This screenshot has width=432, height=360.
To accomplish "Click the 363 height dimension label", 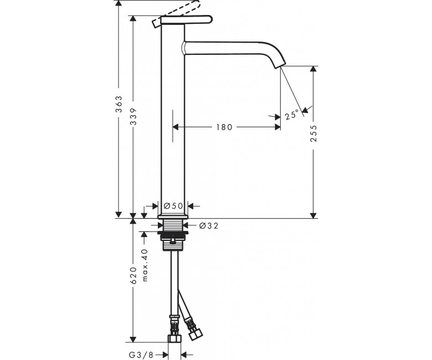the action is tap(119, 104).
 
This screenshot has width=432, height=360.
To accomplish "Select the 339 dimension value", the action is tap(133, 116).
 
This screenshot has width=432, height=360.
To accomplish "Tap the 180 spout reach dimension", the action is tap(224, 127).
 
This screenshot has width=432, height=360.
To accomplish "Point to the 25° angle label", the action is tap(292, 114).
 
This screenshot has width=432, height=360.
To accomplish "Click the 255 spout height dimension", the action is tap(313, 133).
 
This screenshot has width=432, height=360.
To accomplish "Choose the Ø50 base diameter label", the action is tap(173, 205).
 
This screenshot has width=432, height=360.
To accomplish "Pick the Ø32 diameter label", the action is tap(209, 226).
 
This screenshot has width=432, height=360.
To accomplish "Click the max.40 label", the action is tap(145, 265).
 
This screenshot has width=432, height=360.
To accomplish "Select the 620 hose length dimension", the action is tap(133, 275).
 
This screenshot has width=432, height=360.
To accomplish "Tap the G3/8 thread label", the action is tap(141, 355).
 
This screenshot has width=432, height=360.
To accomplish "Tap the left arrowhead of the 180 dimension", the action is tap(176, 127).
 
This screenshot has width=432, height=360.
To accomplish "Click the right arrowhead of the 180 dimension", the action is tap(277, 127).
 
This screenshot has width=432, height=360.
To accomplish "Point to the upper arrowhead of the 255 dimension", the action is tap(313, 69).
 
